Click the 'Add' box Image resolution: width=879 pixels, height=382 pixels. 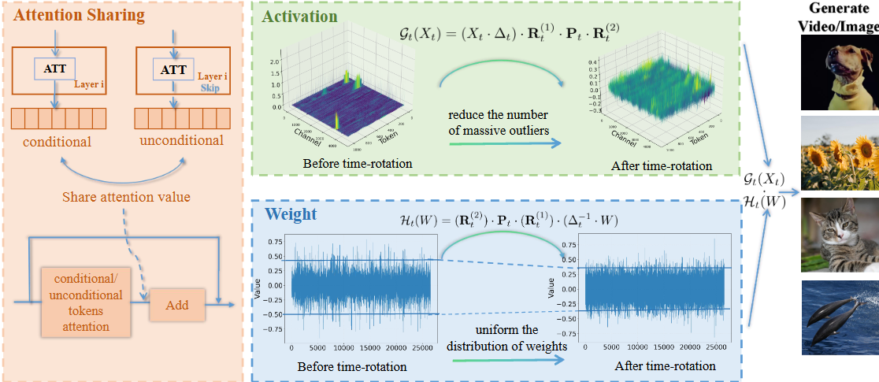point(177,305)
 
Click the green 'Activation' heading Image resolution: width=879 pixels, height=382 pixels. point(300,17)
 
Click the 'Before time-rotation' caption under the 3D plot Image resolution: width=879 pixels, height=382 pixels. point(347,164)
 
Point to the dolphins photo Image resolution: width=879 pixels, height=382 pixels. point(840,317)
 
